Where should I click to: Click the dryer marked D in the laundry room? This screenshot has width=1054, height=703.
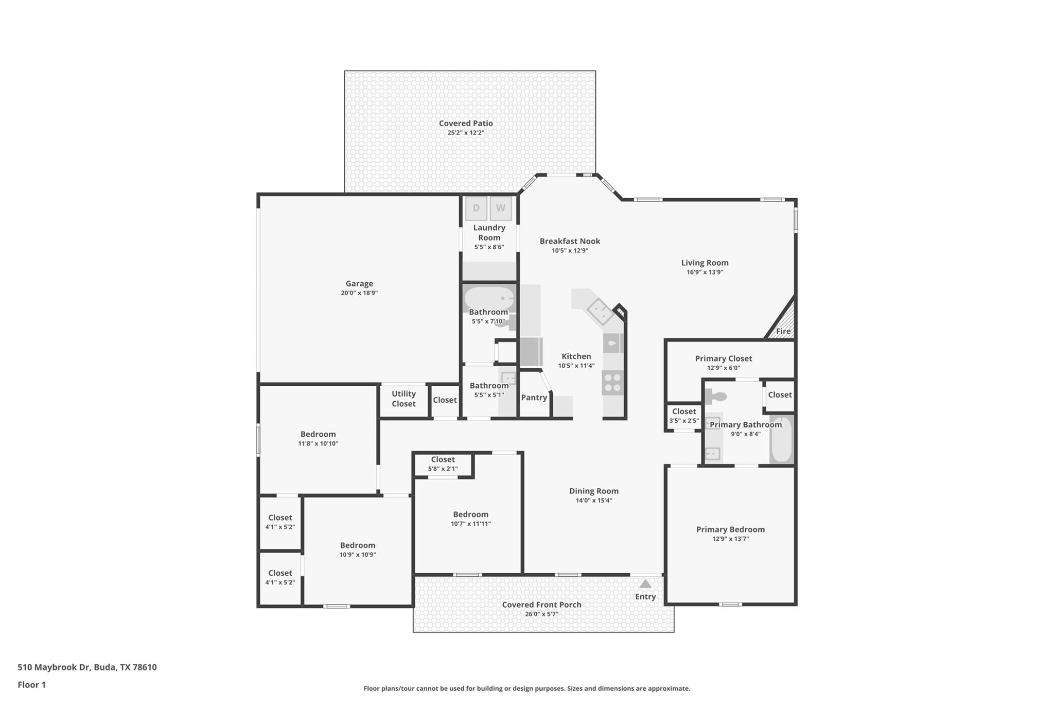[476, 208]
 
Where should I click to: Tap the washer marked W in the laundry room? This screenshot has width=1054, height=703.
[501, 208]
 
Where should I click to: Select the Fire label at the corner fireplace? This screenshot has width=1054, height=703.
[783, 331]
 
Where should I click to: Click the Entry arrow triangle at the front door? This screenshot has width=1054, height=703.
[645, 584]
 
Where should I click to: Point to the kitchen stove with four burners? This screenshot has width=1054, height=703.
[612, 383]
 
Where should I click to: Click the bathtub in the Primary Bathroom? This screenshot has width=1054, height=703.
[781, 439]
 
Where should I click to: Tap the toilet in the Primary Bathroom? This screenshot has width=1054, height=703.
[716, 396]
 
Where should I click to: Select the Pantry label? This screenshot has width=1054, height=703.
[534, 398]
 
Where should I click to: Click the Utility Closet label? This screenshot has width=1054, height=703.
[403, 399]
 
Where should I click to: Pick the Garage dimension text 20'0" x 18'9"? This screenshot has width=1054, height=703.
[359, 293]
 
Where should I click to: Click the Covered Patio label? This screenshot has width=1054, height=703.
[466, 123]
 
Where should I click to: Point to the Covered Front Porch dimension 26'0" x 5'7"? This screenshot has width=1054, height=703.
[541, 614]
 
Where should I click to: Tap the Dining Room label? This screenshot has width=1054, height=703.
[593, 491]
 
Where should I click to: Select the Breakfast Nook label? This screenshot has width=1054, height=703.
[570, 241]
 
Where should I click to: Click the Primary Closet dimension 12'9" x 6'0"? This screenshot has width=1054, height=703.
[724, 368]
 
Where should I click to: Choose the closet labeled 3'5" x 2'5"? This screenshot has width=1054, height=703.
[684, 416]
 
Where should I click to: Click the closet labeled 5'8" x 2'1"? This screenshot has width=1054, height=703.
[443, 464]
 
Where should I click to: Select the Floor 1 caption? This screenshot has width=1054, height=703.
[32, 684]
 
